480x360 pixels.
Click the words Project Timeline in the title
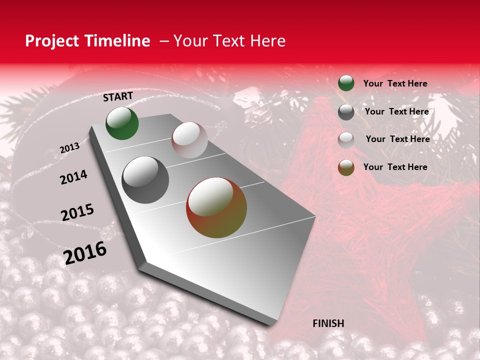(87, 41)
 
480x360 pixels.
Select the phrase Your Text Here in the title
(229, 41)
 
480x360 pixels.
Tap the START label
(118, 96)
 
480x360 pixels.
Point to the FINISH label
(328, 323)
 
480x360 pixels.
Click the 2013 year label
(69, 148)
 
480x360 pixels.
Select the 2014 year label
(73, 177)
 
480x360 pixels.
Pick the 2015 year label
(77, 212)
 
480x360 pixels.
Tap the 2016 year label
(85, 253)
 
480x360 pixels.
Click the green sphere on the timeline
(122, 123)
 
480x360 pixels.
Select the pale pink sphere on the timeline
(189, 140)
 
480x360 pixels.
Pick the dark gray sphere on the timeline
(145, 180)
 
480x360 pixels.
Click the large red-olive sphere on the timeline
(216, 207)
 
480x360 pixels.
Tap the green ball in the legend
(346, 83)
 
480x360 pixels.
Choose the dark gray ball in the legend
(346, 112)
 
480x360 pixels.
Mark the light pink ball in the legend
(346, 139)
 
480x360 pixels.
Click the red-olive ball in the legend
(346, 167)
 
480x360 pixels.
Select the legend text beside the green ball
(395, 84)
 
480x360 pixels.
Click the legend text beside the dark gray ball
(397, 111)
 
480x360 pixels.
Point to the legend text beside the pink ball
(398, 139)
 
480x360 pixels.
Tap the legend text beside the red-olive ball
(395, 167)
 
